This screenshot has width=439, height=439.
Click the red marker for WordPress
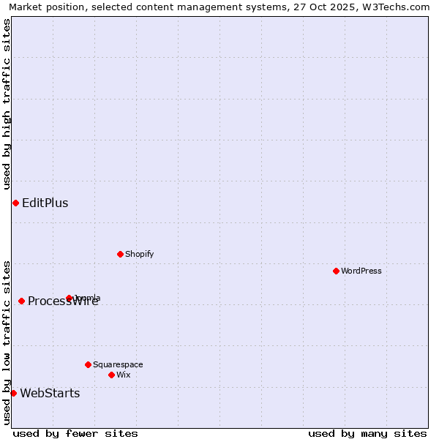pyautogui.click(x=336, y=271)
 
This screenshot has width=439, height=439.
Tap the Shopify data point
pyautogui.click(x=120, y=254)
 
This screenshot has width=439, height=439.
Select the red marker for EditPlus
pyautogui.click(x=15, y=203)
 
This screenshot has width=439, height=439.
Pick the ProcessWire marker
pyautogui.click(x=21, y=301)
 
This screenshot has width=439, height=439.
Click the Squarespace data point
pyautogui.click(x=88, y=364)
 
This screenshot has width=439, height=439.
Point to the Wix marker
pyautogui.click(x=111, y=375)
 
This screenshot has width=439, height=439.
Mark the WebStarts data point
pyautogui.click(x=13, y=393)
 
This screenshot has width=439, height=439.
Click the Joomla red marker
pyautogui.click(x=70, y=298)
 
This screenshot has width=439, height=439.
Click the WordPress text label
pyautogui.click(x=361, y=271)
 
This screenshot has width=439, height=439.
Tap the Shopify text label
pyautogui.click(x=139, y=254)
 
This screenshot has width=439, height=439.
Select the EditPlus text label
pyautogui.click(x=45, y=203)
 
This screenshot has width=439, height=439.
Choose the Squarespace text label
pyautogui.click(x=118, y=364)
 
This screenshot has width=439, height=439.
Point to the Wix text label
pyautogui.click(x=124, y=375)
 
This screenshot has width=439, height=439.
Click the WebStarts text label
pyautogui.click(x=50, y=393)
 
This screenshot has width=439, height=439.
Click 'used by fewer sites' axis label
pyautogui.click(x=75, y=433)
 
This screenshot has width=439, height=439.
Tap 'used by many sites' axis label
pyautogui.click(x=367, y=433)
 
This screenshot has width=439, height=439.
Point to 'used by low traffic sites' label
pyautogui.click(x=7, y=342)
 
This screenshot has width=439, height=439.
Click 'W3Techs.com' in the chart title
pyautogui.click(x=399, y=7)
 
